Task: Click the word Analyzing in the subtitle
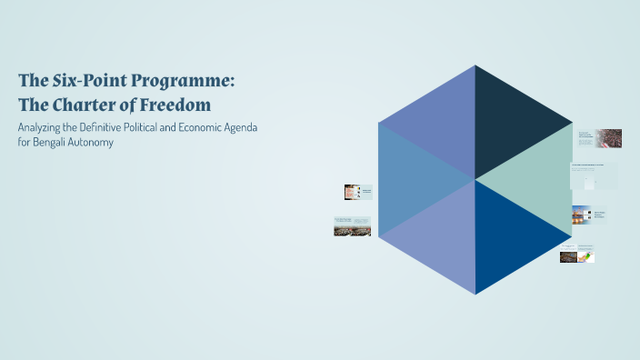(x=43, y=127)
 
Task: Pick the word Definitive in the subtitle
(x=123, y=127)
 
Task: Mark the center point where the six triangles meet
(x=475, y=179)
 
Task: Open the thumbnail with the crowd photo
(x=608, y=138)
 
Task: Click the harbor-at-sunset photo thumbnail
(x=581, y=215)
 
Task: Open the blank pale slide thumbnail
(x=594, y=175)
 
